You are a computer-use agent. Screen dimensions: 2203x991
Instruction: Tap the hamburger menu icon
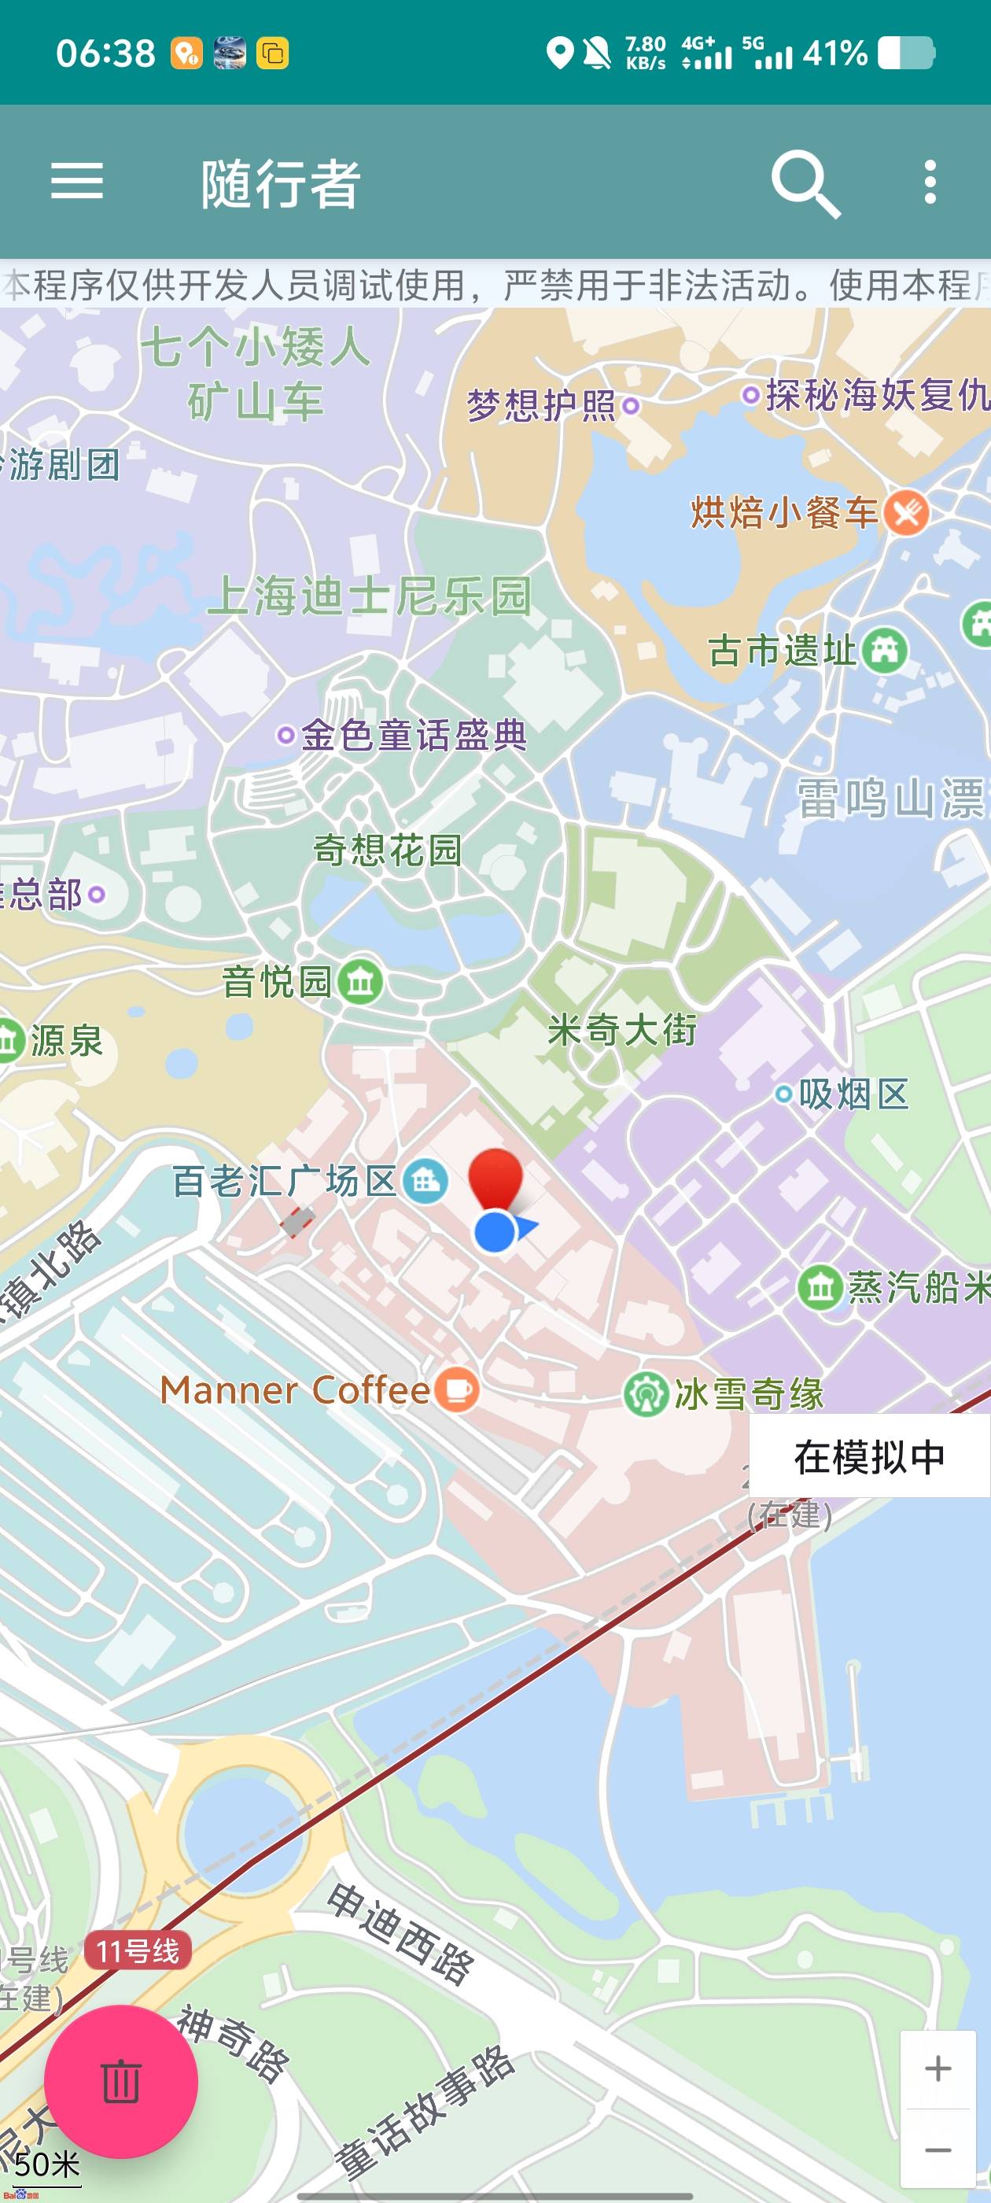77,181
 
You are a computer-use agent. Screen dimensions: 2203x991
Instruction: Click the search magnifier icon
805,183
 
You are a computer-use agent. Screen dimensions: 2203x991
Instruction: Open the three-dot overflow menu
930,181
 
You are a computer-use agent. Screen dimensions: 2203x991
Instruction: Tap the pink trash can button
120,2081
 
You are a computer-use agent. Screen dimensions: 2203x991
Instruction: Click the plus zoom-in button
938,2068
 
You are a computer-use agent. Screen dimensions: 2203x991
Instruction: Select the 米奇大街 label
622,1030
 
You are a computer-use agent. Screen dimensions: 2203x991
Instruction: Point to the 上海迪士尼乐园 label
370,596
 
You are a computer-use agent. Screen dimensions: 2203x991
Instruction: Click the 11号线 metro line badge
138,1951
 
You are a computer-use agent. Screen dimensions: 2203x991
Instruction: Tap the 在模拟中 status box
870,1456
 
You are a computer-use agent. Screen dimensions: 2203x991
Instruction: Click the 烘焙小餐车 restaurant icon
906,512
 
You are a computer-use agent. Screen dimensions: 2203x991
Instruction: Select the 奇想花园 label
387,850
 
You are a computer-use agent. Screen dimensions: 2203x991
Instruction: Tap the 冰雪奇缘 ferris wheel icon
645,1394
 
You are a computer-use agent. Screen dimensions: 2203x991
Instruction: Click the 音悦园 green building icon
360,981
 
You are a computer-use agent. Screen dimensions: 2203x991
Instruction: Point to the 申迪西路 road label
400,1934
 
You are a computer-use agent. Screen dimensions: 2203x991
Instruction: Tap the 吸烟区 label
853,1094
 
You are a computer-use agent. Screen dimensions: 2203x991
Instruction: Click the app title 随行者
281,183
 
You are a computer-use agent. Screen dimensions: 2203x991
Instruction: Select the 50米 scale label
47,2164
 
